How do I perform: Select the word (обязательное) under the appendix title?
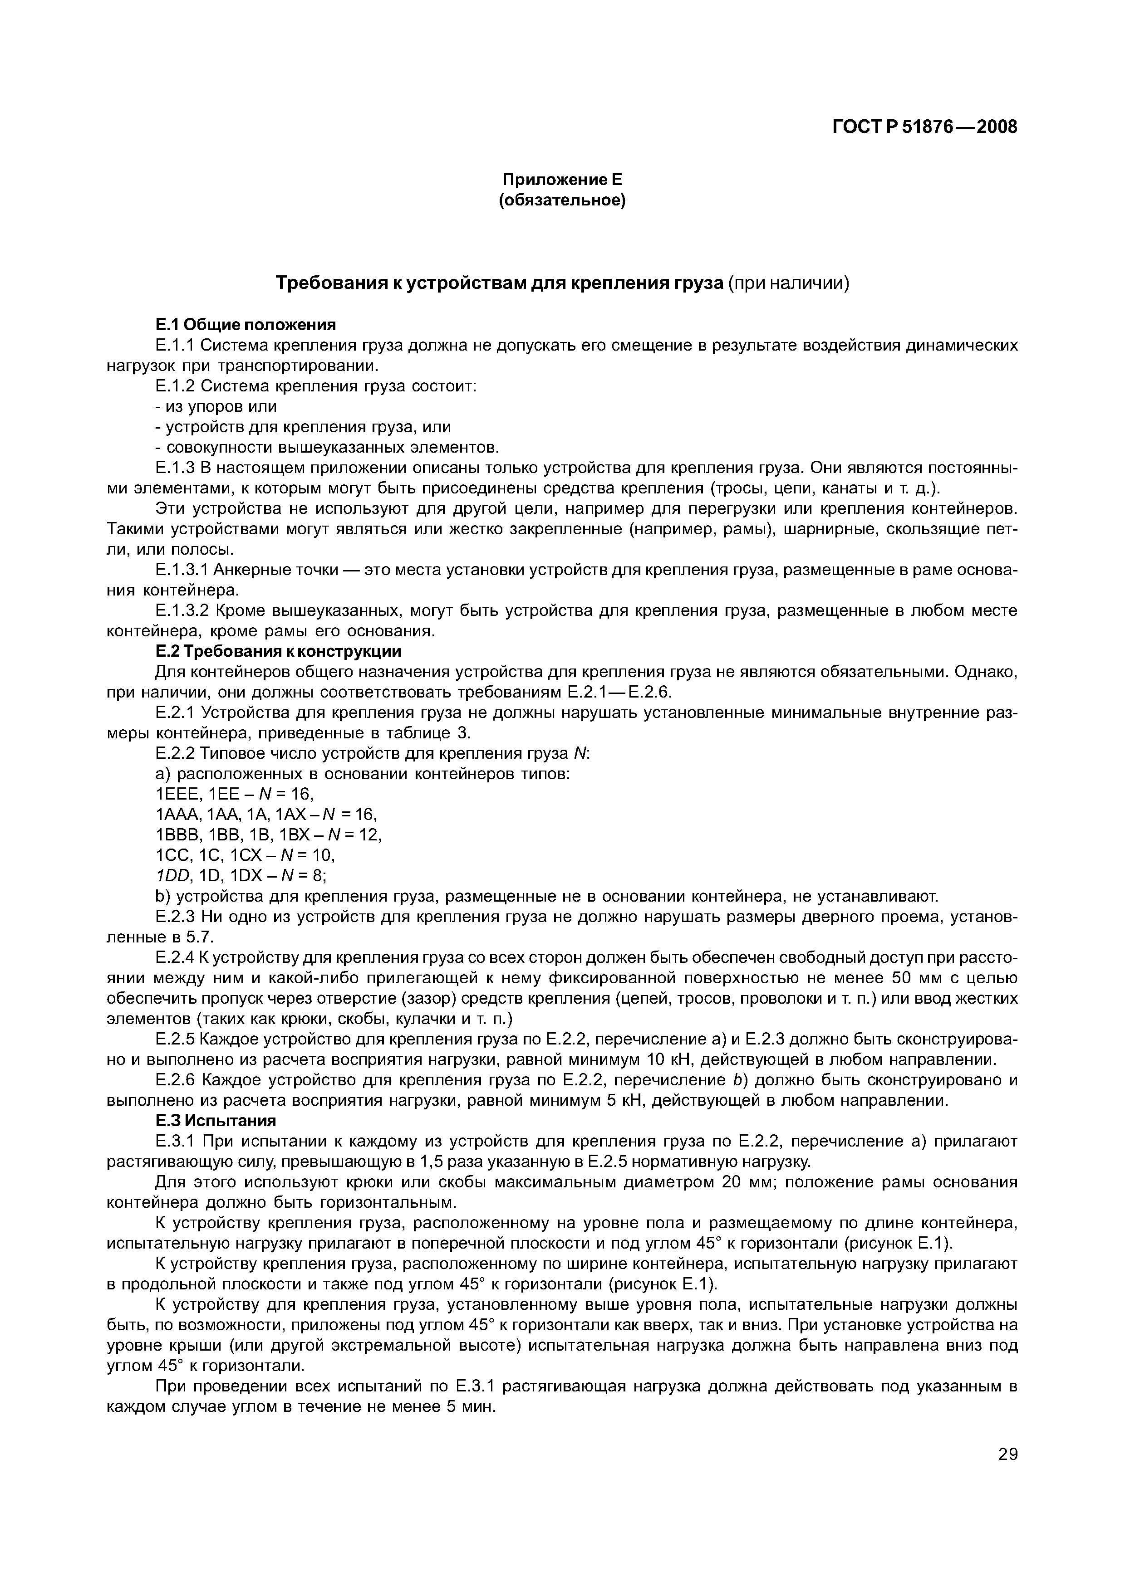click(x=562, y=201)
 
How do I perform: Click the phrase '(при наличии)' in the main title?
click(x=788, y=283)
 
